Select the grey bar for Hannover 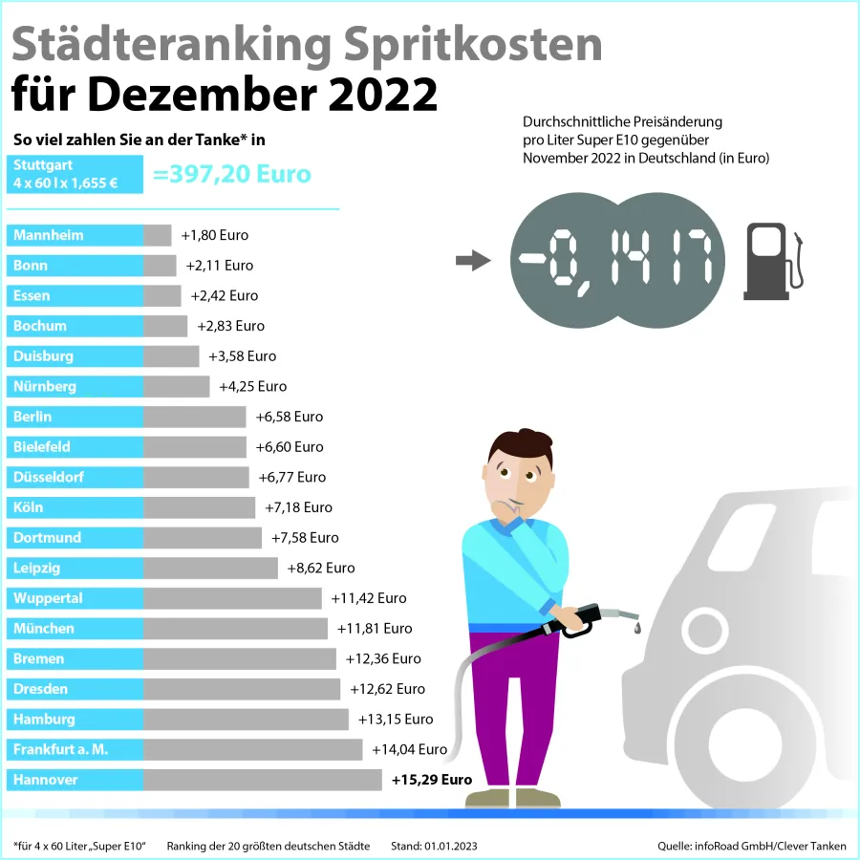click(262, 780)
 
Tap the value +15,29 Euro click(432, 780)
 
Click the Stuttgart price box click(75, 174)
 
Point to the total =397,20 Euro click(232, 174)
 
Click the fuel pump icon click(772, 256)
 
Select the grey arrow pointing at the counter click(472, 260)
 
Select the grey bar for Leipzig click(210, 568)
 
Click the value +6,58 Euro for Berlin click(290, 417)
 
